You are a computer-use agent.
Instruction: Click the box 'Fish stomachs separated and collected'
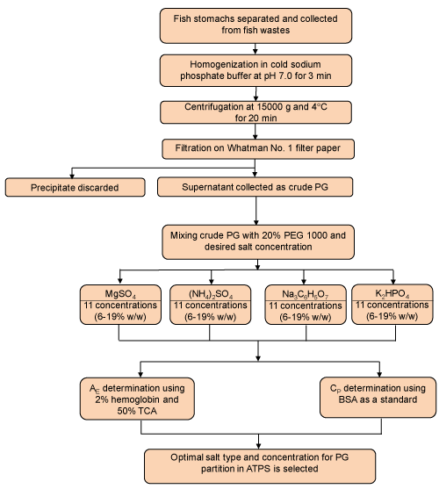pyautogui.click(x=255, y=25)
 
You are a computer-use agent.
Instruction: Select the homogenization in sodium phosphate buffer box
pyautogui.click(x=255, y=70)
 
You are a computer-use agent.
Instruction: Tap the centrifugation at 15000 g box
pyautogui.click(x=255, y=112)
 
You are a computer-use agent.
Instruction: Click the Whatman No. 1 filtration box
pyautogui.click(x=258, y=148)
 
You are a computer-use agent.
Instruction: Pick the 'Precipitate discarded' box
pyautogui.click(x=75, y=187)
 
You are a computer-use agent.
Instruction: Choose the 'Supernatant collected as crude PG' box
pyautogui.click(x=255, y=187)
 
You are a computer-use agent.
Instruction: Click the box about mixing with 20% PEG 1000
pyautogui.click(x=258, y=242)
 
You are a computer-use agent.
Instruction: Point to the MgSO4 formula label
pyautogui.click(x=120, y=294)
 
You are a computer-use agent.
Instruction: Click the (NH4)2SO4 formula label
pyautogui.click(x=211, y=294)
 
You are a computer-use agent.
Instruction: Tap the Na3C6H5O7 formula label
pyautogui.click(x=306, y=294)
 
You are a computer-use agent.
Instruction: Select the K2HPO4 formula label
pyautogui.click(x=392, y=293)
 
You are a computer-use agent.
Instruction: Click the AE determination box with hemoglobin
pyautogui.click(x=137, y=399)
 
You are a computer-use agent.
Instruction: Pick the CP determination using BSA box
pyautogui.click(x=378, y=397)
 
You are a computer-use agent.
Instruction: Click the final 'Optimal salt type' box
pyautogui.click(x=260, y=466)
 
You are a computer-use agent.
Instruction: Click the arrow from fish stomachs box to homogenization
pyautogui.click(x=255, y=48)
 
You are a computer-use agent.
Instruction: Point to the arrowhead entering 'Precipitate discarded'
pyautogui.click(x=72, y=176)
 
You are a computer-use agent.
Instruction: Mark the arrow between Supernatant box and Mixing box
pyautogui.click(x=256, y=211)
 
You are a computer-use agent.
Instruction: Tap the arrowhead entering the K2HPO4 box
pyautogui.click(x=393, y=281)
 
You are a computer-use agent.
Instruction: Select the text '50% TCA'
pyautogui.click(x=137, y=411)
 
